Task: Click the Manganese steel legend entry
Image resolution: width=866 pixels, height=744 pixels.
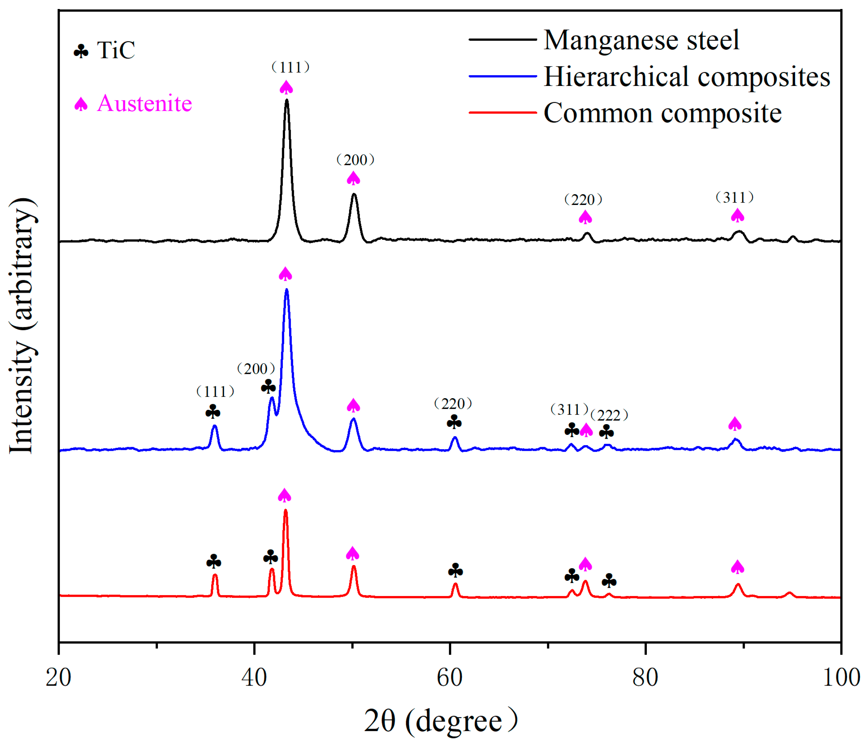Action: tap(641, 41)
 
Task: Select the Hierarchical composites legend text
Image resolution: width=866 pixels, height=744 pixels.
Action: tap(686, 77)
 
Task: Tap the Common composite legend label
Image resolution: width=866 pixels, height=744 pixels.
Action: tap(662, 113)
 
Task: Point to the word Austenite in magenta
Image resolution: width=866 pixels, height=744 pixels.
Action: tap(144, 103)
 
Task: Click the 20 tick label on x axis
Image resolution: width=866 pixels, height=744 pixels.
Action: tap(59, 677)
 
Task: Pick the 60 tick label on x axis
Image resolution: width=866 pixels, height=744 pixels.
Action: tap(449, 677)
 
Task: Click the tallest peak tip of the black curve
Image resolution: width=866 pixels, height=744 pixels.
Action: tap(286, 100)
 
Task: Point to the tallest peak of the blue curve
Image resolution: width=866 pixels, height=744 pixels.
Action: tap(286, 290)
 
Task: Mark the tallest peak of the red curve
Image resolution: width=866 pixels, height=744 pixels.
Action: tap(285, 510)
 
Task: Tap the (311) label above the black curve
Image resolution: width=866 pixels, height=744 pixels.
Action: tap(734, 197)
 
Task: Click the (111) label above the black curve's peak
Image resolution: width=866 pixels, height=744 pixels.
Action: tap(290, 67)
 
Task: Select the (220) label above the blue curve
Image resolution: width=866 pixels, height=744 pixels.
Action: tap(453, 404)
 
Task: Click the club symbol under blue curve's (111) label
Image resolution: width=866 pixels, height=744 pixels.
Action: tap(213, 412)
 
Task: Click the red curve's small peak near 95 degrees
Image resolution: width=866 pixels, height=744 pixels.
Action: tap(789, 593)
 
